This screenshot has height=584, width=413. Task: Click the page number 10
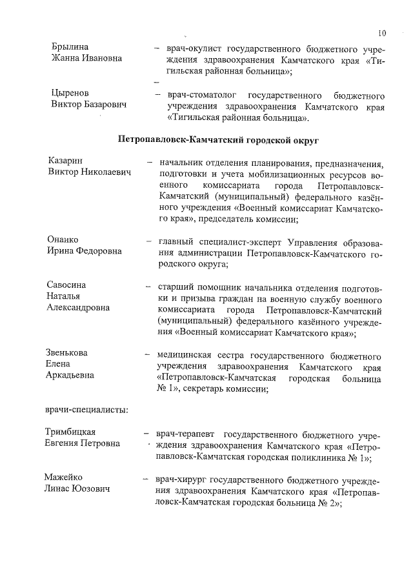point(382,32)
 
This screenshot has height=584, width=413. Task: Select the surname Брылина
point(70,48)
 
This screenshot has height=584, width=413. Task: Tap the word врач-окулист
point(194,48)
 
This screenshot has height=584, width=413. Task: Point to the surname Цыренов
point(70,93)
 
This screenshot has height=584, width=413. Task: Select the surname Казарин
point(66,161)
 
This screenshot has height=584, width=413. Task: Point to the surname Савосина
point(67,285)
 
